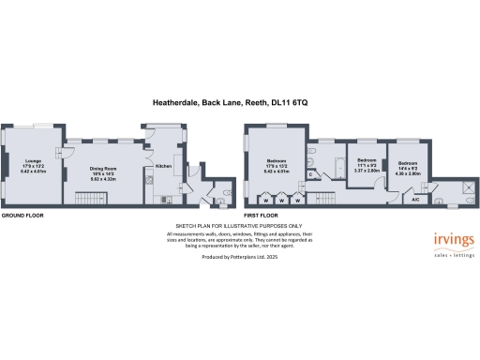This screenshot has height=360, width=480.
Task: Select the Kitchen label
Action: tap(163, 165)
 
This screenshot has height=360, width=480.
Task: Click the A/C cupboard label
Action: tap(415, 200)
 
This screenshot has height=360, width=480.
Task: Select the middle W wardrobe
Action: tap(281, 200)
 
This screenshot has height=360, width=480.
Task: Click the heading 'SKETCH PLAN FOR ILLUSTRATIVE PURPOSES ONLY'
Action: tap(239, 226)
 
